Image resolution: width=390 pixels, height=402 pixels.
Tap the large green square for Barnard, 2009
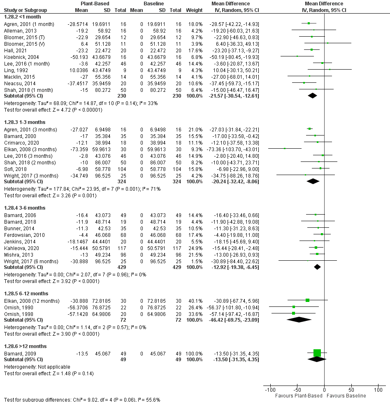click(317, 353)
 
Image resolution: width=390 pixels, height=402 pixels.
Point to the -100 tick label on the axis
click(270, 390)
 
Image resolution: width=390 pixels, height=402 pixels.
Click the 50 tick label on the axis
click(351, 390)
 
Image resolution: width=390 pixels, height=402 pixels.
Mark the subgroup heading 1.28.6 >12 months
click(26, 346)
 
